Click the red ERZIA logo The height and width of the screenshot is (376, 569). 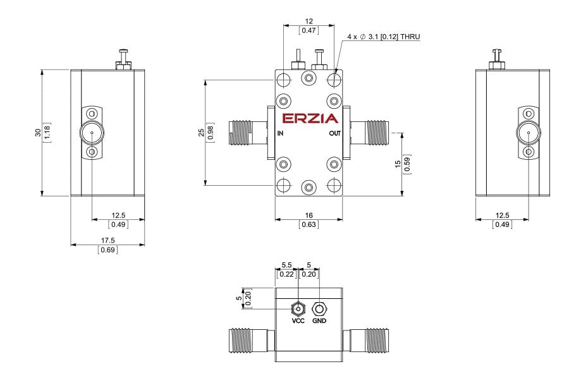(310, 119)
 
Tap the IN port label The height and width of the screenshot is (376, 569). (280, 133)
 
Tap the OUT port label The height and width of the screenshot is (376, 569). (334, 133)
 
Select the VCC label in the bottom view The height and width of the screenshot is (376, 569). (298, 321)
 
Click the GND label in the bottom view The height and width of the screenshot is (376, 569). (319, 321)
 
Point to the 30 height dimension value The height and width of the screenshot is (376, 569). (38, 133)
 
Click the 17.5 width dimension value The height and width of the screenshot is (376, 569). (107, 240)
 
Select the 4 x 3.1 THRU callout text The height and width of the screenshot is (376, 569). (383, 37)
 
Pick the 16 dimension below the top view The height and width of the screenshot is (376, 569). (309, 215)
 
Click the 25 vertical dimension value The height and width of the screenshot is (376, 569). (202, 133)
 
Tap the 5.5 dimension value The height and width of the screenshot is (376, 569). (286, 265)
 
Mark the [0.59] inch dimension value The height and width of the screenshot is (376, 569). (407, 164)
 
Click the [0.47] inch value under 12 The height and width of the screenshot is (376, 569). (309, 30)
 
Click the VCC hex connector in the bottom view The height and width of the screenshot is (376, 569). (298, 309)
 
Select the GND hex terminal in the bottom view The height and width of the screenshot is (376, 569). (319, 309)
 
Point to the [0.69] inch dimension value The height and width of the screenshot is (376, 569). (107, 250)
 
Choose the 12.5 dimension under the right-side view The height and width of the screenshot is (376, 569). (502, 215)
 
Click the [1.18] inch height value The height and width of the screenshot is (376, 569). (47, 133)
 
